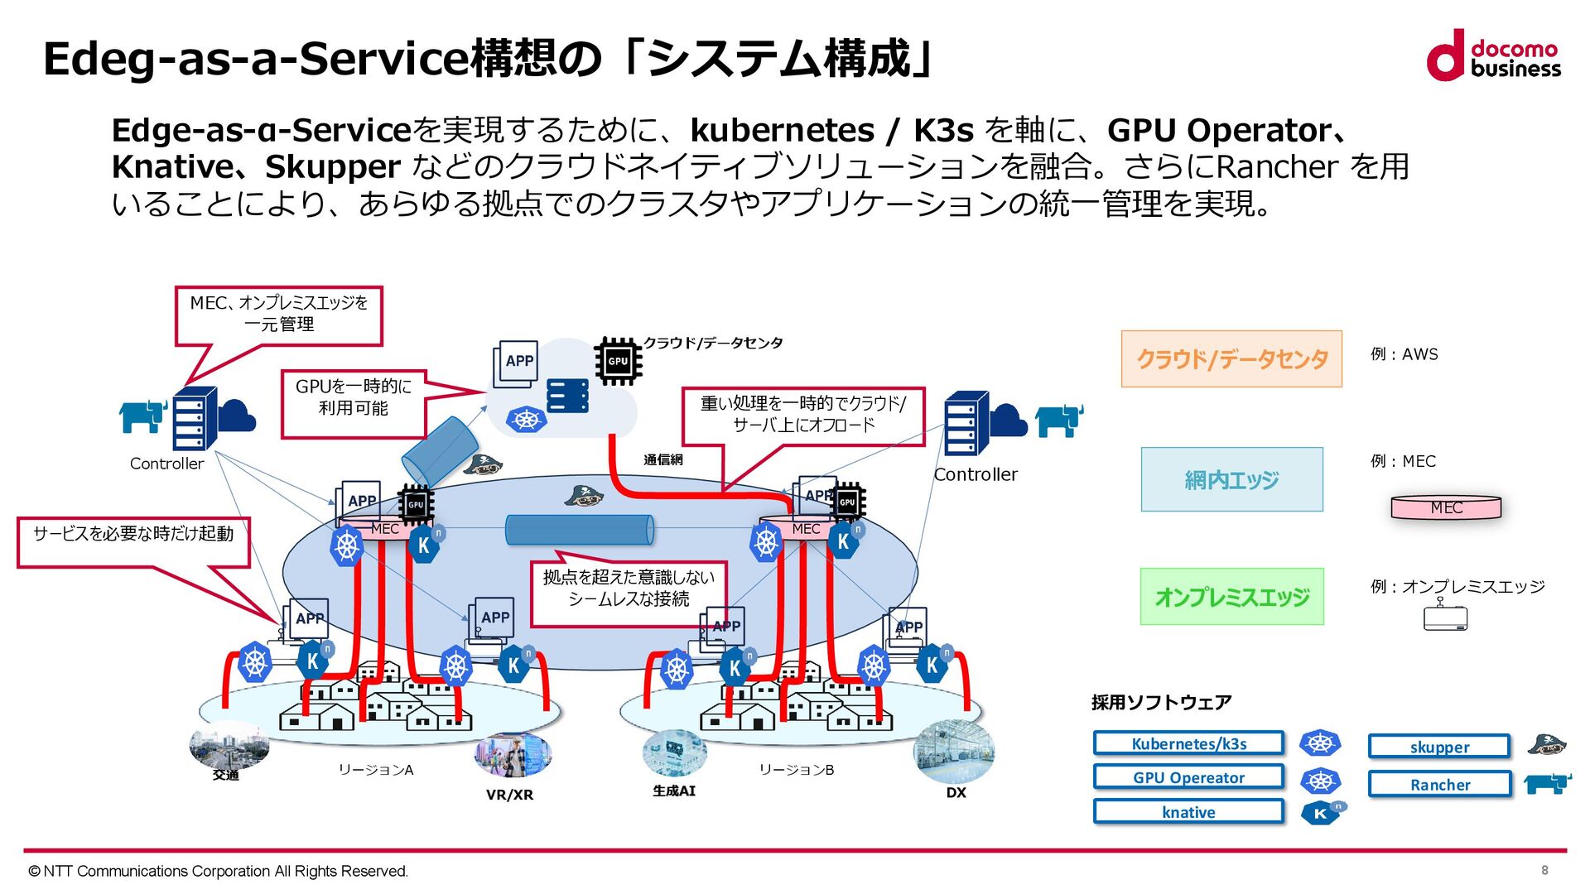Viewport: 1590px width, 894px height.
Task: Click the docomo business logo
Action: click(x=1493, y=55)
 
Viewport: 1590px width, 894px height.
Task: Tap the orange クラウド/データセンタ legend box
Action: click(x=1231, y=358)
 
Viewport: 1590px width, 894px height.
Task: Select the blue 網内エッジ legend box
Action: click(x=1231, y=479)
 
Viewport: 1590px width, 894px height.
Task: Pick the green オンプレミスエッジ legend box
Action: click(x=1231, y=596)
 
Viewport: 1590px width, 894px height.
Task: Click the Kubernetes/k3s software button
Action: click(x=1188, y=743)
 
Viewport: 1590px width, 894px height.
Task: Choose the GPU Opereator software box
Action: click(x=1188, y=777)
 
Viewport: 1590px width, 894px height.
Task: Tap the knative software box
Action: click(x=1188, y=812)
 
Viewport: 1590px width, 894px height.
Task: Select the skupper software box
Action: click(x=1439, y=747)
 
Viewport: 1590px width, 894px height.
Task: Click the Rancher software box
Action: click(x=1439, y=784)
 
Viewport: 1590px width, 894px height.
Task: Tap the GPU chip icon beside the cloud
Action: click(x=618, y=361)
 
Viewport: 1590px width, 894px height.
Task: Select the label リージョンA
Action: click(x=375, y=770)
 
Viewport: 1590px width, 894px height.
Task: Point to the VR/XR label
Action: click(x=509, y=795)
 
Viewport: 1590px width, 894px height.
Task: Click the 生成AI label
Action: click(x=674, y=791)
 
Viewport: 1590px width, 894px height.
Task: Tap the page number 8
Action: click(x=1544, y=870)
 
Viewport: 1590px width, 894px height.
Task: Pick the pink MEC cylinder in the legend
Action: click(x=1446, y=507)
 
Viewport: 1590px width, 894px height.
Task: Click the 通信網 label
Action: click(x=663, y=459)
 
